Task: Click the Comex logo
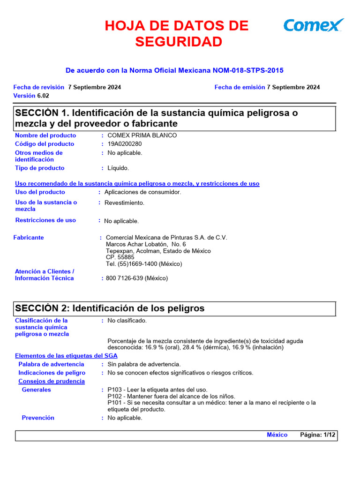click(314, 25)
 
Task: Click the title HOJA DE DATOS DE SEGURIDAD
click(177, 33)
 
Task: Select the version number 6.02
click(43, 96)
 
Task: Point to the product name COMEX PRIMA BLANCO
click(142, 135)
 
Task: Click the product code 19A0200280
click(124, 144)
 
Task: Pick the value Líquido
click(118, 168)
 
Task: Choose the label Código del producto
click(45, 144)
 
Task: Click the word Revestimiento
click(124, 203)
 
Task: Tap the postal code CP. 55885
click(120, 257)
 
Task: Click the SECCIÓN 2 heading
click(110, 308)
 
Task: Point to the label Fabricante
click(29, 238)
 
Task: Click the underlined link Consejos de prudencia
click(52, 381)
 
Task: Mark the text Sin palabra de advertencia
click(144, 364)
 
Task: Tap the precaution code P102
click(115, 396)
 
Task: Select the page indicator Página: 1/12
click(318, 435)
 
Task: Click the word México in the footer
click(277, 435)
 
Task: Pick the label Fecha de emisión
click(240, 87)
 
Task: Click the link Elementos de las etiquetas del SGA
click(66, 356)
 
